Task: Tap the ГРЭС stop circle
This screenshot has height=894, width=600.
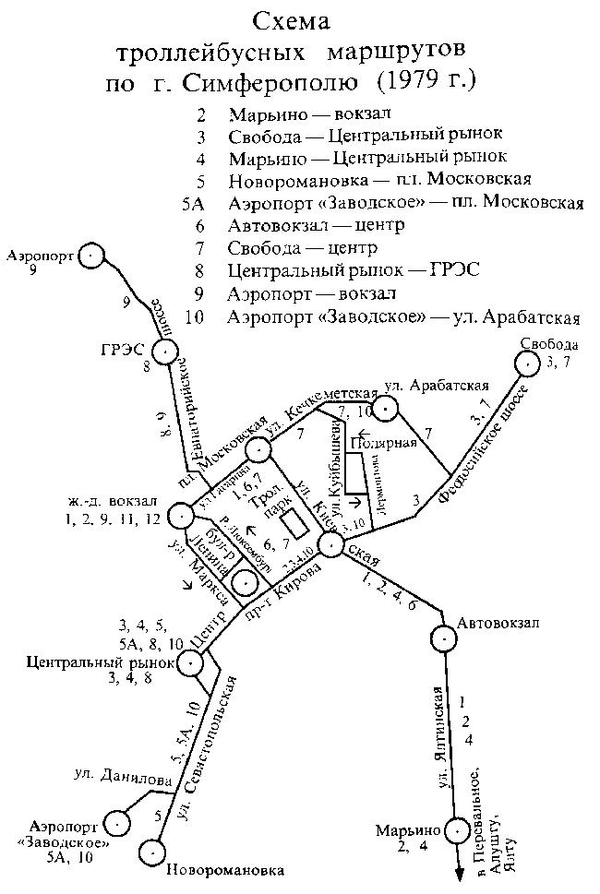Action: click(166, 352)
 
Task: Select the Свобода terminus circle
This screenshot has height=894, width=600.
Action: click(527, 364)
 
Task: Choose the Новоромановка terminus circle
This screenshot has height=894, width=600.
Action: click(154, 852)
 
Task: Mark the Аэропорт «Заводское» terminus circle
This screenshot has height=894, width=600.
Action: click(119, 821)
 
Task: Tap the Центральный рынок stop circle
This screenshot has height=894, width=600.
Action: click(190, 662)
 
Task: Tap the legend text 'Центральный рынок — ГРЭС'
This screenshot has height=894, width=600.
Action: click(355, 271)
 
